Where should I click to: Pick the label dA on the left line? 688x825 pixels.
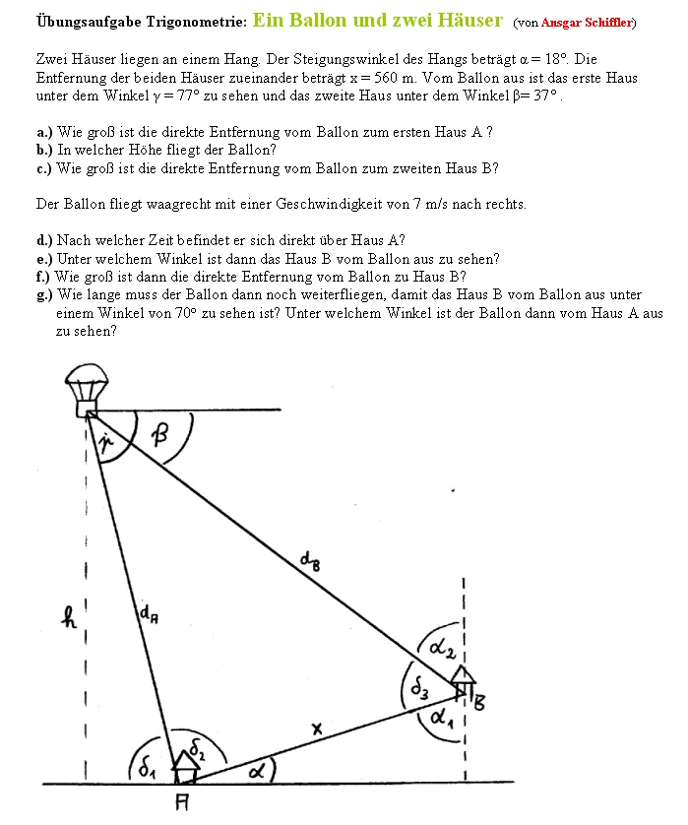[148, 616]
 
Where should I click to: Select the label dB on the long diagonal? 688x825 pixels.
[309, 562]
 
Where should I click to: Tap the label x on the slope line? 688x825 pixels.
[317, 730]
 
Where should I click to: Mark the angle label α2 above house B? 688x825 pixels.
[440, 645]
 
